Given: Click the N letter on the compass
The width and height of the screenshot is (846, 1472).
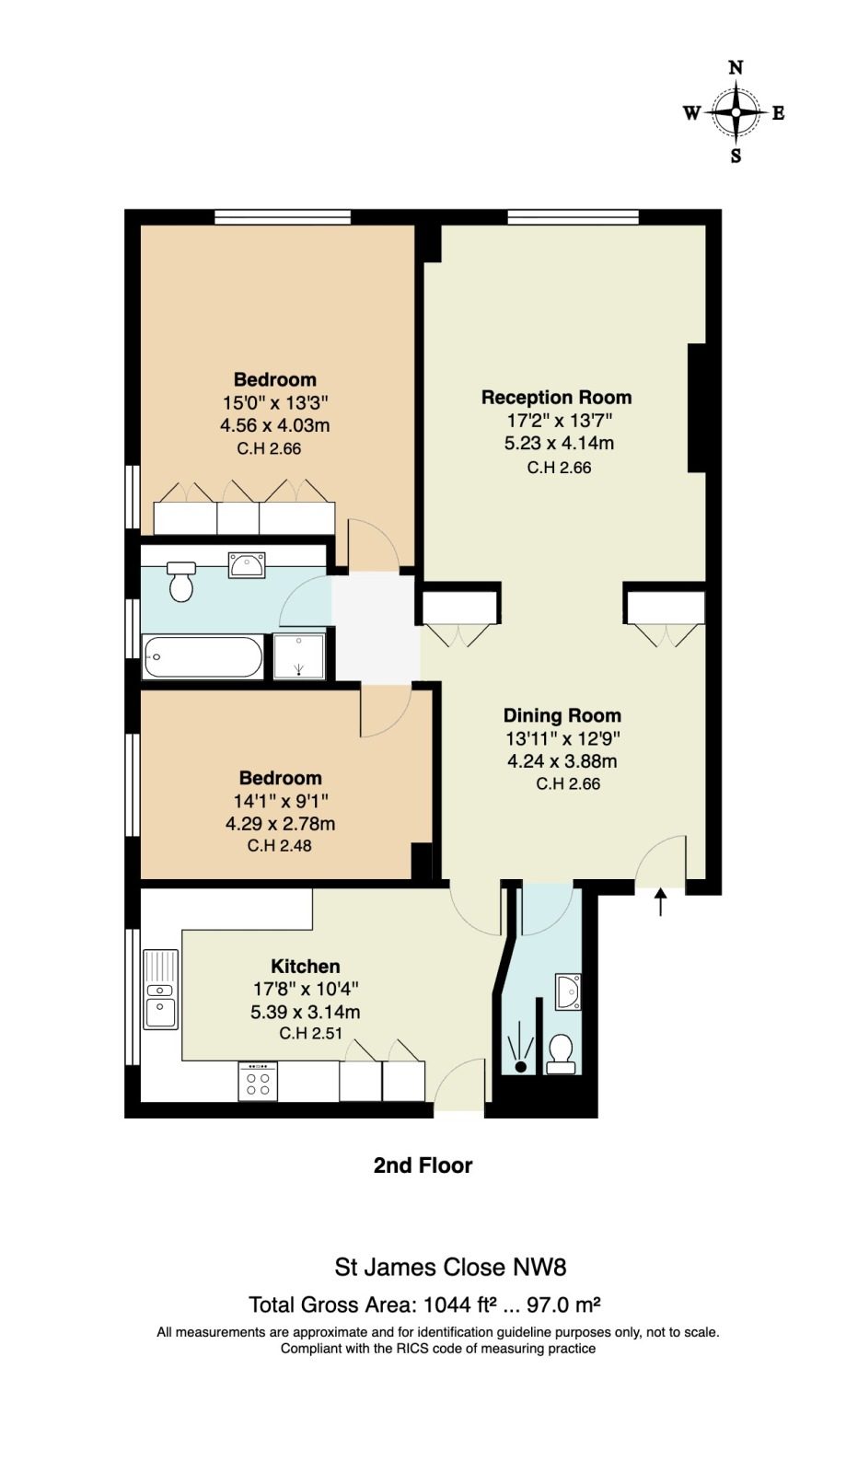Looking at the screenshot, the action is coord(736,67).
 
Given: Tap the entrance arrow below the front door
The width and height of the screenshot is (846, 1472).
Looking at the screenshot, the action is coord(660,901).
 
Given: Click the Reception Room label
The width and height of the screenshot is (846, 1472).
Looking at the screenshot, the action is coord(557,397).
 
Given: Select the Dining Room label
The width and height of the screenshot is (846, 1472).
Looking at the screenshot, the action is coord(562,715).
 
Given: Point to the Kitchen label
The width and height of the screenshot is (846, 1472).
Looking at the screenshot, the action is coord(306,966).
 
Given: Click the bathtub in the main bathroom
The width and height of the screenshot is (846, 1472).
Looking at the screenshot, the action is coord(203,656).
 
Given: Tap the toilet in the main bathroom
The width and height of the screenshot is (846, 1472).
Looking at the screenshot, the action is coord(180,581).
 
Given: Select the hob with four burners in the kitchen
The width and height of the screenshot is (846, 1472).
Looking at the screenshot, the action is coord(258,1081).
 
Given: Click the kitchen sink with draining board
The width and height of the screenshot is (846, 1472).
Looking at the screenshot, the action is coord(161,989).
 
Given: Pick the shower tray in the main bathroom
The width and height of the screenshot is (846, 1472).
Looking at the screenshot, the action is coord(299,655).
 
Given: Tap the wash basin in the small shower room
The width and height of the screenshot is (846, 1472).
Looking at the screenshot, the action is coord(568,991).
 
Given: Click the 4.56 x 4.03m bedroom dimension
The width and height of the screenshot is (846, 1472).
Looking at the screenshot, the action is coord(274,425).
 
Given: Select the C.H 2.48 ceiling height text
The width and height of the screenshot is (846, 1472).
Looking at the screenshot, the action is coord(279,846).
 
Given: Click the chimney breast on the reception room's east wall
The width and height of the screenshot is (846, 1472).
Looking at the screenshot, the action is coord(697,408).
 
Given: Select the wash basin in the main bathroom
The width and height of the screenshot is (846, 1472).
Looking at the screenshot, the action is coord(247,565).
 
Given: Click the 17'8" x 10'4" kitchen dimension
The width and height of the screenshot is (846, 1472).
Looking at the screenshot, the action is coord(306,989).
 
